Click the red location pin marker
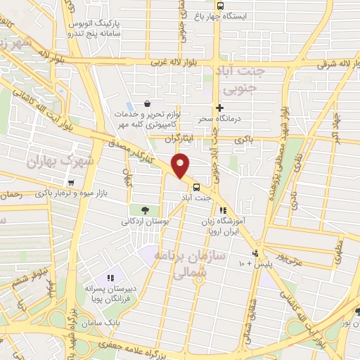coord(181,165)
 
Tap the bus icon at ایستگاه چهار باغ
coord(220,6)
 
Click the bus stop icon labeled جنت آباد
coord(196,187)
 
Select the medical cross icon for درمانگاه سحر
coord(220,108)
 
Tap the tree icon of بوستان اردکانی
coord(145,210)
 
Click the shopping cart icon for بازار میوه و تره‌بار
coord(71,183)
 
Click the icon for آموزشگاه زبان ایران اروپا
coord(223,210)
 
